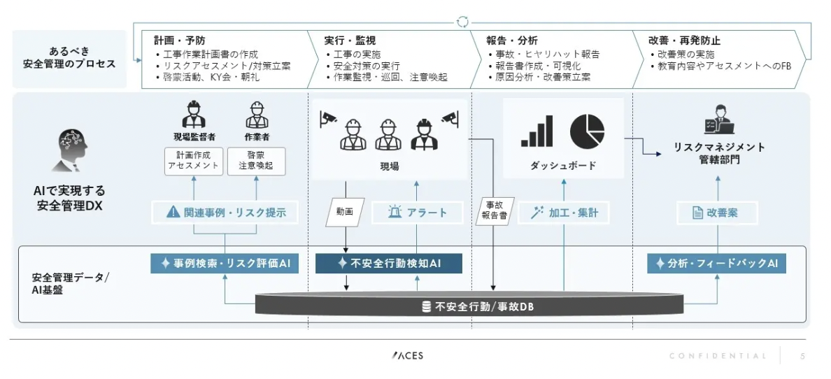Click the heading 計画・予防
(180, 41)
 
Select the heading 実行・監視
(350, 41)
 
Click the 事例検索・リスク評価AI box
(225, 264)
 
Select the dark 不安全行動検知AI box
(389, 264)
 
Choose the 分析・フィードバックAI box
(717, 264)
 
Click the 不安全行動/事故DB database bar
(469, 306)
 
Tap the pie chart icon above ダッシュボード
(587, 131)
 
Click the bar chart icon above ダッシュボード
(537, 131)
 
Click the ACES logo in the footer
(408, 356)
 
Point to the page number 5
(802, 356)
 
